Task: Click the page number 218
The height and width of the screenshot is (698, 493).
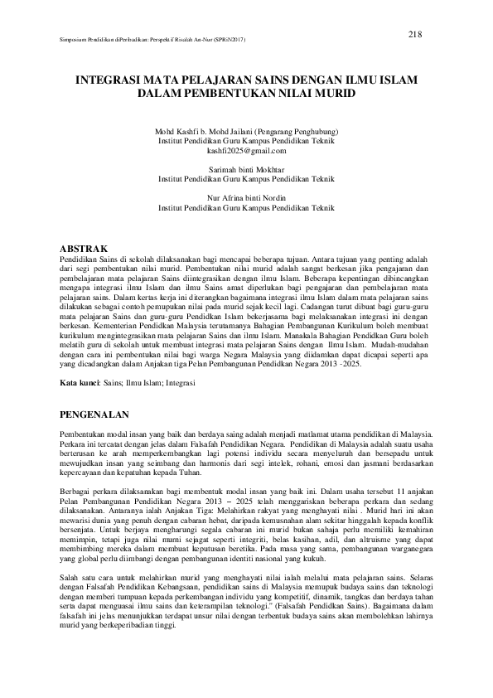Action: (x=416, y=33)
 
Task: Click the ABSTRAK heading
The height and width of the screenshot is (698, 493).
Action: (x=85, y=249)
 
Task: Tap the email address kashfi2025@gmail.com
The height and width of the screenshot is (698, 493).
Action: (x=246, y=151)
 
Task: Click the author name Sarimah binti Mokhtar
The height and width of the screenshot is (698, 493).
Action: (x=246, y=169)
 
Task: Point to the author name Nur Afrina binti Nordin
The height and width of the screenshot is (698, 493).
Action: (x=246, y=197)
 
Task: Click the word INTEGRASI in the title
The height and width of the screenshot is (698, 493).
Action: (x=106, y=83)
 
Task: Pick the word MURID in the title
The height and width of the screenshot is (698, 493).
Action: (x=334, y=95)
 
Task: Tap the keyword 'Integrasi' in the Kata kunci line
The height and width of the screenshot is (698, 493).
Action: (x=181, y=385)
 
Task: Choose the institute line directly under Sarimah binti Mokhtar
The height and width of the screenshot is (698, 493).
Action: (x=246, y=178)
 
